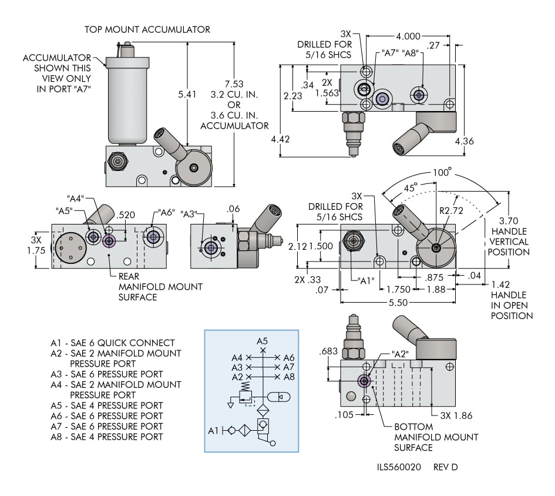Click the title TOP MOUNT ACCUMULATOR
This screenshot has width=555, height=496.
pos(147,29)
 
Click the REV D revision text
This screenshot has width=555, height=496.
pos(446,467)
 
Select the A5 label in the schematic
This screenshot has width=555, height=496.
pos(262,341)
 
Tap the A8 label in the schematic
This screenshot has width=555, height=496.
pos(289,377)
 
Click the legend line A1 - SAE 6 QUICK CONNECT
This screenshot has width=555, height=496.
pos(113,343)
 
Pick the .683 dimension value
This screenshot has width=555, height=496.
pos(327,352)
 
